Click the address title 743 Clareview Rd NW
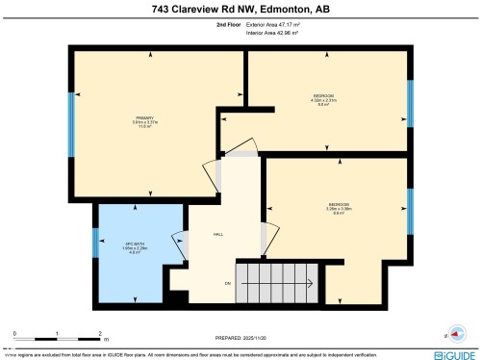pos(240,12)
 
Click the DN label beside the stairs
pos(228,283)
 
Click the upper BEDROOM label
pos(324,95)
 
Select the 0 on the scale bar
pos(14,333)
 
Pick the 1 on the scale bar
pos(58,333)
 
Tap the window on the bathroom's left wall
pos(94,243)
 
